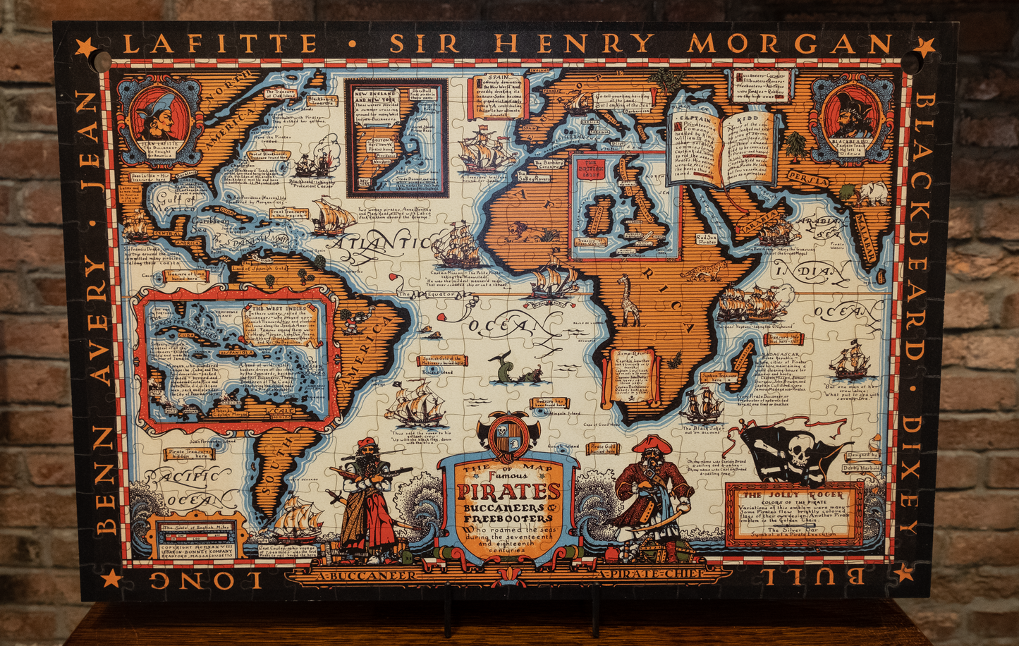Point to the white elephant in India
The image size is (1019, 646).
pyautogui.click(x=873, y=193)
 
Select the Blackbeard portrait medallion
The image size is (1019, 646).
pyautogui.click(x=853, y=116)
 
